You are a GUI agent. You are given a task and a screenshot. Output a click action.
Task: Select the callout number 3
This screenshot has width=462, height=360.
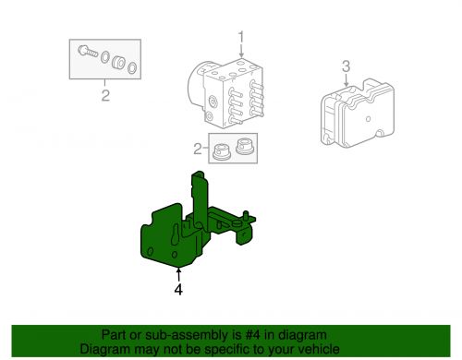pyautogui.click(x=346, y=66)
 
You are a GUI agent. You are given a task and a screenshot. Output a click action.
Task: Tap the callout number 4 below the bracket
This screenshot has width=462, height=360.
pyautogui.click(x=178, y=289)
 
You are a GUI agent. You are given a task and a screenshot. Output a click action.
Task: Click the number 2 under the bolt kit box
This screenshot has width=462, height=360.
pyautogui.click(x=105, y=95)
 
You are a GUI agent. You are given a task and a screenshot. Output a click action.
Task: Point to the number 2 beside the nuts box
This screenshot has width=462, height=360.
pyautogui.click(x=197, y=148)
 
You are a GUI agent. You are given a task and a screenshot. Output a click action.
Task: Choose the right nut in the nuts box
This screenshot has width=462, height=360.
pyautogui.click(x=244, y=145)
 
